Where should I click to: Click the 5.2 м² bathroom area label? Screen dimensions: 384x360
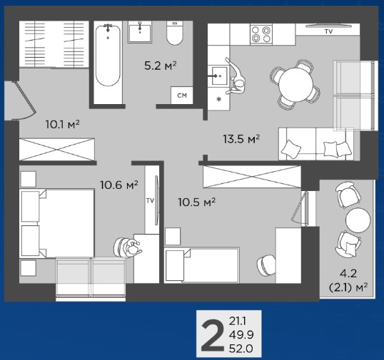pyautogui.click(x=161, y=66)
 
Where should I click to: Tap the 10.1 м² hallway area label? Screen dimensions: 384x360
pyautogui.click(x=62, y=125)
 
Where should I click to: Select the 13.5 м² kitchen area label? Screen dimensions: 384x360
pyautogui.click(x=241, y=139)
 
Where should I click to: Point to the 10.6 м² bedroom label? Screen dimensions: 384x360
pyautogui.click(x=119, y=185)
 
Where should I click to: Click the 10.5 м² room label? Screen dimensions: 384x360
pyautogui.click(x=197, y=202)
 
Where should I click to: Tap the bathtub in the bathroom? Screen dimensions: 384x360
pyautogui.click(x=108, y=56)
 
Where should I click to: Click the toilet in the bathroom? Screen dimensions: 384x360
pyautogui.click(x=175, y=33)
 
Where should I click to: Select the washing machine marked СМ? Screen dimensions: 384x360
pyautogui.click(x=182, y=95)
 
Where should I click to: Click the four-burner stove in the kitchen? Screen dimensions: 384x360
pyautogui.click(x=261, y=34)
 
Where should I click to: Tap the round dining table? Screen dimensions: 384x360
pyautogui.click(x=295, y=84)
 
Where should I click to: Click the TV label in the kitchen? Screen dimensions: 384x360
pyautogui.click(x=328, y=31)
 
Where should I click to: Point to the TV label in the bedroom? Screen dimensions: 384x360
pyautogui.click(x=150, y=200)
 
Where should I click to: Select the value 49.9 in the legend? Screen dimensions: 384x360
pyautogui.click(x=241, y=335)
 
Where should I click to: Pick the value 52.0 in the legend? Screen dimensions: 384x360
pyautogui.click(x=241, y=349)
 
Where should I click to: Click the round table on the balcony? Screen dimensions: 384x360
pyautogui.click(x=358, y=220)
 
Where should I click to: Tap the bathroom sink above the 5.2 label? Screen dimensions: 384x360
pyautogui.click(x=140, y=32)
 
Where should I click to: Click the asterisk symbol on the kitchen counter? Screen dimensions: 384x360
pyautogui.click(x=219, y=99)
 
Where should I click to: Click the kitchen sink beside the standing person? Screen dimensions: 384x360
pyautogui.click(x=219, y=76)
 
